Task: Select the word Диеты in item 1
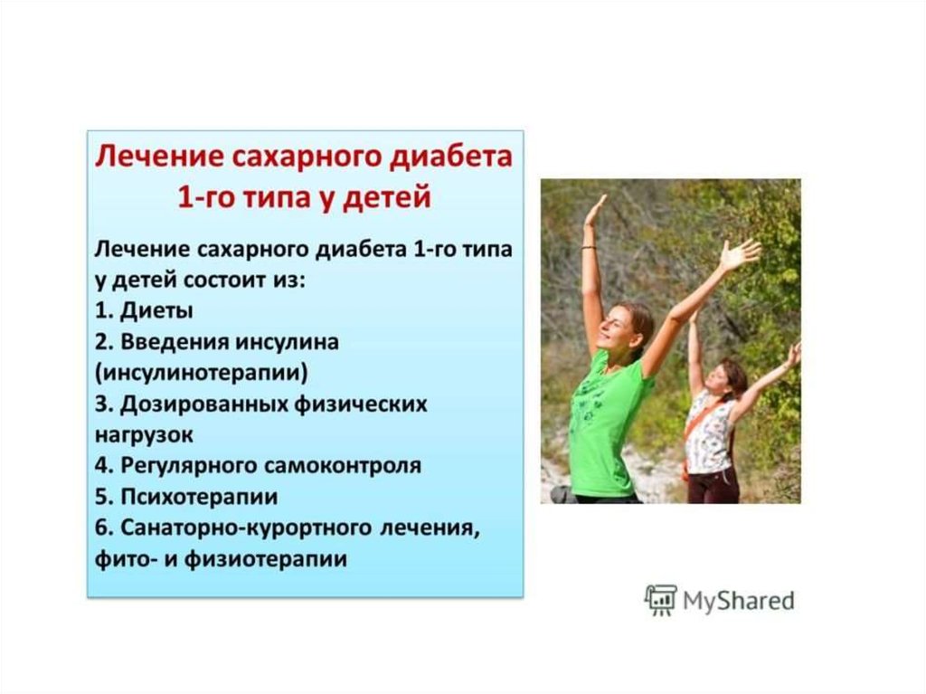point(156,311)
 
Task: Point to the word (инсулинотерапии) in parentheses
point(202,373)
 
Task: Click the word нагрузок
point(144,435)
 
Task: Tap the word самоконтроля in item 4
point(343,466)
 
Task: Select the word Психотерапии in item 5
point(199,497)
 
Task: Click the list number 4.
point(103,466)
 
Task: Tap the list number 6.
point(103,528)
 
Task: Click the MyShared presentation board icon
point(660,600)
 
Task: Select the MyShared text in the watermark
point(738,601)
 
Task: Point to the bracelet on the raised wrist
point(589,248)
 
